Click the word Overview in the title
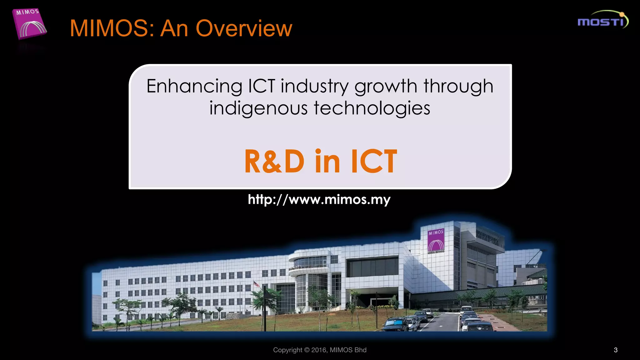(x=244, y=28)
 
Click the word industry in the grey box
(x=314, y=87)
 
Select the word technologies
(x=372, y=108)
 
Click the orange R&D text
(x=274, y=161)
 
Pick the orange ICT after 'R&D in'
(x=374, y=161)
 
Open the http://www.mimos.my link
(x=319, y=199)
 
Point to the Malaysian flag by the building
(x=256, y=283)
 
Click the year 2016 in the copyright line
(x=318, y=350)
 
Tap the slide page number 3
(x=616, y=350)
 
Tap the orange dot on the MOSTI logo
(x=622, y=14)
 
